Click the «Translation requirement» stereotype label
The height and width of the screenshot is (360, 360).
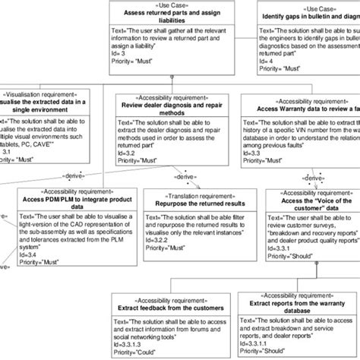click(x=191, y=195)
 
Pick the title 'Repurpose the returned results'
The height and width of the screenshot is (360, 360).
click(x=191, y=204)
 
